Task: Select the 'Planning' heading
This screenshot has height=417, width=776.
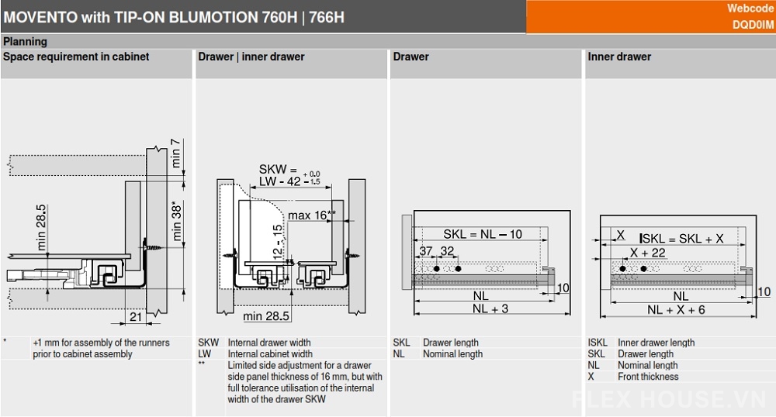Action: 26,42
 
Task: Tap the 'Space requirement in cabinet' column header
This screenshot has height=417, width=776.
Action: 76,57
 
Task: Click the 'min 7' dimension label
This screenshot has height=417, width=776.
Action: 175,153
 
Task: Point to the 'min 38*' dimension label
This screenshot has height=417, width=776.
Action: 177,220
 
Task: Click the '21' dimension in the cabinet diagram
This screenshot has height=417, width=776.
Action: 136,317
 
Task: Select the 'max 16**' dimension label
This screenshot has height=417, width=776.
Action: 312,215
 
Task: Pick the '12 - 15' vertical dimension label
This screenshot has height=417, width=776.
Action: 278,241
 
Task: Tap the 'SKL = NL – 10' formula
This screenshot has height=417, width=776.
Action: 483,234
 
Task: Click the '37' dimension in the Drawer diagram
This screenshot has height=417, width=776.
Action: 425,251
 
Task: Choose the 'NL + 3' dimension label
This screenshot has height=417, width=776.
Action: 490,308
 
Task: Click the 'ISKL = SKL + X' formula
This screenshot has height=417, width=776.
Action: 681,239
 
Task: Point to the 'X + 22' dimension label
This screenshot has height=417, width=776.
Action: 647,253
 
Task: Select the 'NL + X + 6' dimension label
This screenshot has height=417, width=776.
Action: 676,310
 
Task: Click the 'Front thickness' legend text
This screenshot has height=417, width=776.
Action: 648,377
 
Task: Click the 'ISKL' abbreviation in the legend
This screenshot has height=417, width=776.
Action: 598,343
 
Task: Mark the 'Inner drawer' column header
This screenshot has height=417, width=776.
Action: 619,57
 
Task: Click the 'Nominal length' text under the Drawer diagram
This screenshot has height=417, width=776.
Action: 452,353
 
